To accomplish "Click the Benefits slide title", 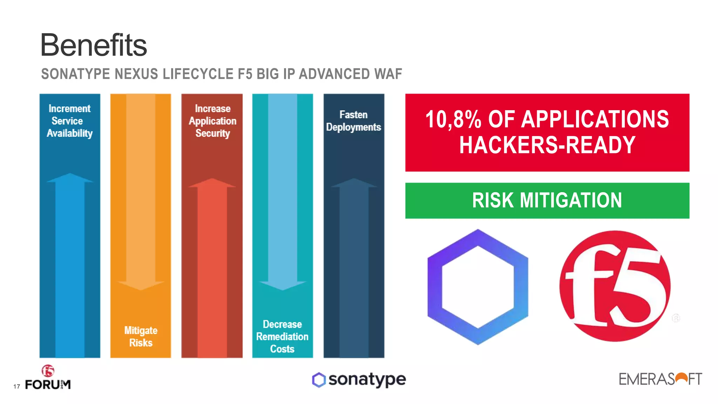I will click(x=94, y=45).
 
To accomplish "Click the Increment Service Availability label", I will click(x=69, y=121).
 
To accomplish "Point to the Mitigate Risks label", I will click(x=141, y=336).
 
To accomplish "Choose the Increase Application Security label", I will click(x=212, y=121).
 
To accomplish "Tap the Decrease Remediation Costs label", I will click(x=282, y=336).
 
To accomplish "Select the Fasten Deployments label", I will click(x=353, y=121).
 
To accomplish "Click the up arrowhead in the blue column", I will click(x=70, y=178).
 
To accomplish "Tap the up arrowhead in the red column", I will click(x=212, y=183).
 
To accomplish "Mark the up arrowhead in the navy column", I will click(x=354, y=183).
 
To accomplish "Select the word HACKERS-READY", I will click(x=547, y=145).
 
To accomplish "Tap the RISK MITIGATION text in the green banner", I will click(x=547, y=201).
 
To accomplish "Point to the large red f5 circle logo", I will click(x=615, y=286).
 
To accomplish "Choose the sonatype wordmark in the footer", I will click(x=367, y=379).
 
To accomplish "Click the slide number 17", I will click(x=16, y=386).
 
